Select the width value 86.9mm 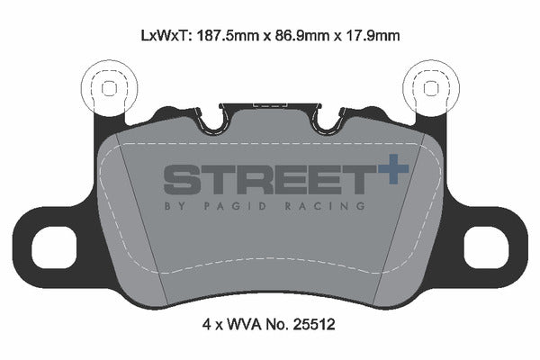pos(302,35)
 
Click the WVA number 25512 pos(314,325)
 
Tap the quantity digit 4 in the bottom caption pos(206,325)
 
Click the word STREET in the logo pos(269,179)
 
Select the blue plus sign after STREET pos(393,169)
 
